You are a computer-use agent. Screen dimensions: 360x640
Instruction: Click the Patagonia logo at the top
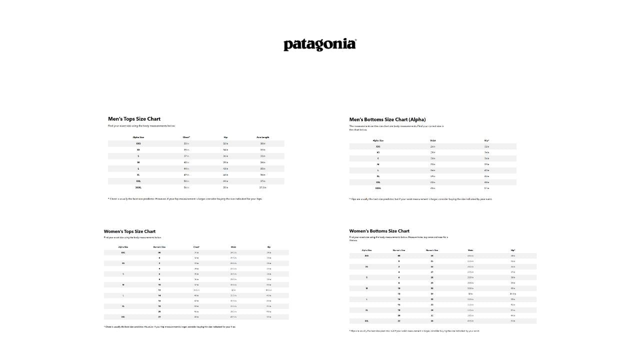pos(320,44)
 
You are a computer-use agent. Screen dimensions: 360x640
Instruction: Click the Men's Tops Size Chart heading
pos(134,119)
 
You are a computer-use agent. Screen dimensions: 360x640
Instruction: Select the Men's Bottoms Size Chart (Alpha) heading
pos(387,119)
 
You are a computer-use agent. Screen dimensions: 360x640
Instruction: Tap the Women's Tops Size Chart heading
pos(129,231)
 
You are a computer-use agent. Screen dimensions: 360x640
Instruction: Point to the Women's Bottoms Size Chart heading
pos(379,231)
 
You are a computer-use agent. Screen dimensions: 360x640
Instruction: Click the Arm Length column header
pos(263,137)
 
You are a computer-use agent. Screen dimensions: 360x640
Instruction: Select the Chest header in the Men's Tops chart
pos(186,137)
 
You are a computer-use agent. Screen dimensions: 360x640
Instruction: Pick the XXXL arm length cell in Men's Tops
pos(263,187)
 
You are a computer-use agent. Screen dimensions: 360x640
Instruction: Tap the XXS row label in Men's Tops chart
pos(138,143)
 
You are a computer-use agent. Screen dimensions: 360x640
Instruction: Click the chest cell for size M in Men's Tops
pos(186,162)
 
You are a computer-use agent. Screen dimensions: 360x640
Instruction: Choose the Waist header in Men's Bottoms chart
pos(433,140)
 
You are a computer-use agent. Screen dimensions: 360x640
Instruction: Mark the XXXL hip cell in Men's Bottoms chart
pos(486,188)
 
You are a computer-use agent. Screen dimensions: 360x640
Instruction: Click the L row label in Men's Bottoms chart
pos(378,170)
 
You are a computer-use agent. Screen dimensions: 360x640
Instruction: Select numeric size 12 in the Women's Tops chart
pos(159,290)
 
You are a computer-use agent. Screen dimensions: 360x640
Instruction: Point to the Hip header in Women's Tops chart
pos(269,247)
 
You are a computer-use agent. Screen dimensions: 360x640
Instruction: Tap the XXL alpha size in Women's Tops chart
pos(123,317)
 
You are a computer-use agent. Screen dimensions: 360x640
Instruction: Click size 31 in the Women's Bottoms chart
pos(432,294)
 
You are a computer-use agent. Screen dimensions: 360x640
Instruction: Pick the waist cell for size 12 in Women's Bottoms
pos(470,294)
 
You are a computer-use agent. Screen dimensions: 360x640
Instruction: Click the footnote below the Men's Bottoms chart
pos(420,199)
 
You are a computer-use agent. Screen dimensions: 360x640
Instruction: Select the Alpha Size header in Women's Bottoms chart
pos(366,250)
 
